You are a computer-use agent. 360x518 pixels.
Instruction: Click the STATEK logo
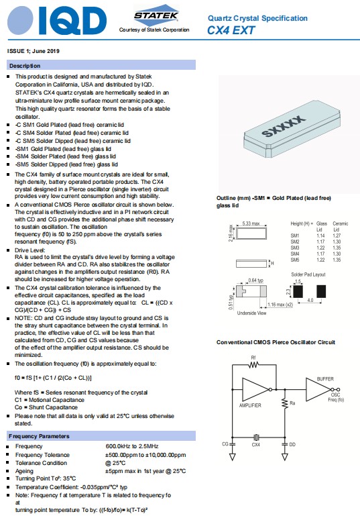click(156, 15)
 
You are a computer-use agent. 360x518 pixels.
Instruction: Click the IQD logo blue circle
click(20, 21)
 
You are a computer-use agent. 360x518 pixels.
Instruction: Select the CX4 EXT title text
click(231, 30)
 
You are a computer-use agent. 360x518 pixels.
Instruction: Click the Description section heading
click(25, 66)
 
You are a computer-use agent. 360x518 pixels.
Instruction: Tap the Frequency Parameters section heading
click(39, 436)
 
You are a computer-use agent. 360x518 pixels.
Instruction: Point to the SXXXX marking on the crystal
click(284, 125)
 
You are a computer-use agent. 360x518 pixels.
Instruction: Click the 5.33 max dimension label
click(251, 223)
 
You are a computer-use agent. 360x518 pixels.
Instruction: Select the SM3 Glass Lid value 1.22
click(320, 248)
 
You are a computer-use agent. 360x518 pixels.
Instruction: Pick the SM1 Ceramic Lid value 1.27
click(337, 236)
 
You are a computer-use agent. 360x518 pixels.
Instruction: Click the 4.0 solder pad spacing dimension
click(310, 300)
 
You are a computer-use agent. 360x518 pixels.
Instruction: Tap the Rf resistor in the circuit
click(253, 365)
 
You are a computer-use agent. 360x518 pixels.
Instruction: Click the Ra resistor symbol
click(285, 403)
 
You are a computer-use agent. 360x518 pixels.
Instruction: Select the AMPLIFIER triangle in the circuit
click(255, 389)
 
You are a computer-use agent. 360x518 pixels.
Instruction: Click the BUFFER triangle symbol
click(318, 389)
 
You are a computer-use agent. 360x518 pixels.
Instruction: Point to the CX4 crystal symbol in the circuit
click(256, 437)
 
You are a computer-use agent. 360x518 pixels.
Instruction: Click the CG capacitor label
click(225, 444)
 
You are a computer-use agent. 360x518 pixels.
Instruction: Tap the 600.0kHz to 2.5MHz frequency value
click(132, 446)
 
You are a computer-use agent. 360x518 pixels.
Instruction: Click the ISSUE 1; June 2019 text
click(34, 51)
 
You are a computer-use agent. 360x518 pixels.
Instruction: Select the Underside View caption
click(251, 313)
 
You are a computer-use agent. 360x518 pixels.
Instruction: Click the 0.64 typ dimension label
click(255, 280)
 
